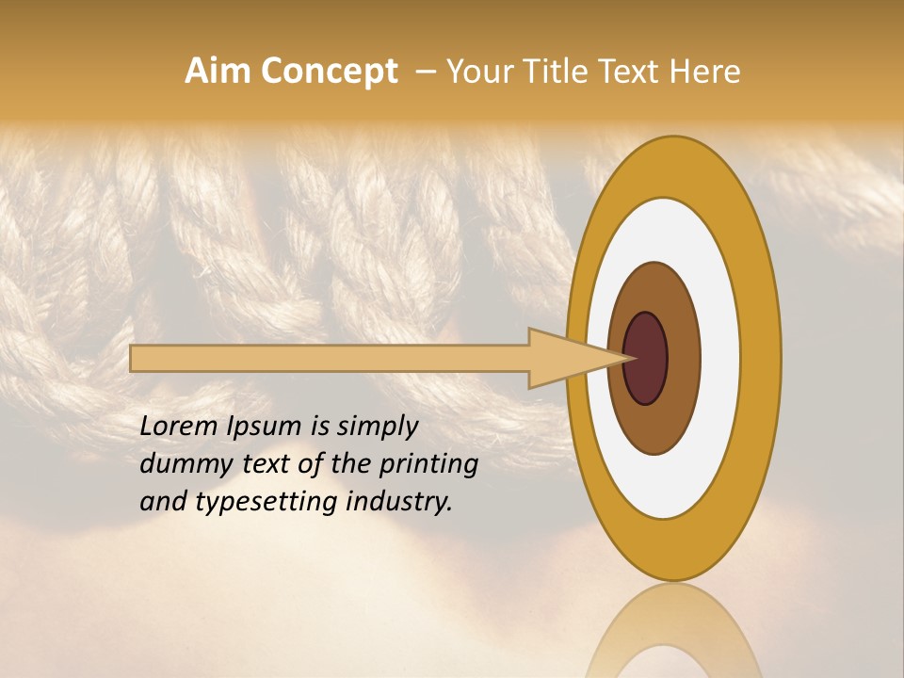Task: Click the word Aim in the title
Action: (x=218, y=72)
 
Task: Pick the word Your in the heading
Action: (x=476, y=72)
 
